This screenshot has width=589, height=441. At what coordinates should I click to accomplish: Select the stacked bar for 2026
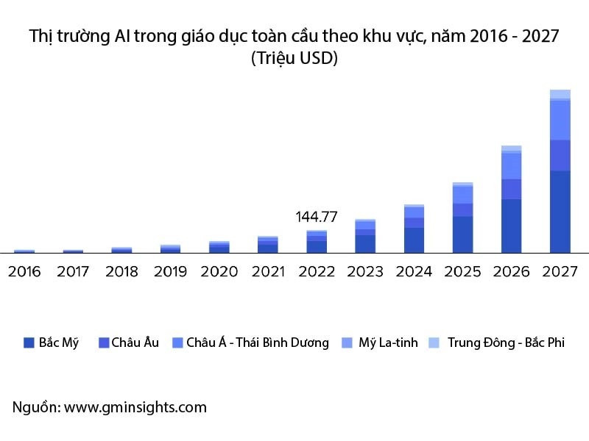512,199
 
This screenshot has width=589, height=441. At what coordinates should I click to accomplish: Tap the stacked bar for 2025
463,218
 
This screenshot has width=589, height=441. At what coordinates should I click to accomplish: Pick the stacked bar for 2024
415,229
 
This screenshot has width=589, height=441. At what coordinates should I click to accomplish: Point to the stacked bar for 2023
365,236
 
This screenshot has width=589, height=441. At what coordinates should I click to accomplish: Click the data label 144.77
317,217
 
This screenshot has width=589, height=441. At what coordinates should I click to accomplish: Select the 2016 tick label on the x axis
24,272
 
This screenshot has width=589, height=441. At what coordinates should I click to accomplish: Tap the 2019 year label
170,272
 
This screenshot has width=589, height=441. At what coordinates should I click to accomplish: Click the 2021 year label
268,272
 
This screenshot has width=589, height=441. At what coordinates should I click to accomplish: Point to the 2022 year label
317,272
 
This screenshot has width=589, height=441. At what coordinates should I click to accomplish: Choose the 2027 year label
560,272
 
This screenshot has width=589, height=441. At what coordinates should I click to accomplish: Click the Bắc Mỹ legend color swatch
29,343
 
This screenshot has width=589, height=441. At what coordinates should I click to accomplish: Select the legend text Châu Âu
135,343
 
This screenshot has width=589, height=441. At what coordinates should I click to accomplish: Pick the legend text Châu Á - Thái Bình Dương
258,343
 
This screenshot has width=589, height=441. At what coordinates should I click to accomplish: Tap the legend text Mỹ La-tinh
388,343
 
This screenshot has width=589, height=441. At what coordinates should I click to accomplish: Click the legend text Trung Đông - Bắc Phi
506,343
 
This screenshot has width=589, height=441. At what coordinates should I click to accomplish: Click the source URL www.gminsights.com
135,407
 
